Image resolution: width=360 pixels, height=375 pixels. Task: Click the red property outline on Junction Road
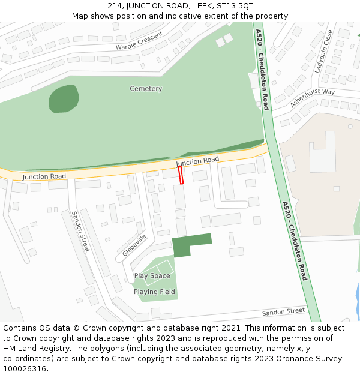point(181,175)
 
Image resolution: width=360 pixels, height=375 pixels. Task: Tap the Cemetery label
point(146,89)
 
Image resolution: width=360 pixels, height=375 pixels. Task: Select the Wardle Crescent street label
point(139,41)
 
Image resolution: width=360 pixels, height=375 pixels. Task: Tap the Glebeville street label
point(134,245)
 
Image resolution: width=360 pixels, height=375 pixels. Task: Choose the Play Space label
point(152,276)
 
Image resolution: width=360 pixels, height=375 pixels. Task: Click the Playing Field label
point(154,292)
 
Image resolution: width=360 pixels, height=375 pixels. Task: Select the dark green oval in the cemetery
point(64,98)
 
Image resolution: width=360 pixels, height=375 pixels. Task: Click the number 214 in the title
point(115,6)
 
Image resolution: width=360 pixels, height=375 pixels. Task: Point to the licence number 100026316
point(26,369)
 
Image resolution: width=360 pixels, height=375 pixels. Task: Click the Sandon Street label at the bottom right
point(283,312)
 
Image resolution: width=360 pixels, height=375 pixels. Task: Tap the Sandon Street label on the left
point(80,232)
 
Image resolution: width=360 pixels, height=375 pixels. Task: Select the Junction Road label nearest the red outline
point(197,161)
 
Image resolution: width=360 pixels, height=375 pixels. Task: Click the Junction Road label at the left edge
point(44,176)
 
